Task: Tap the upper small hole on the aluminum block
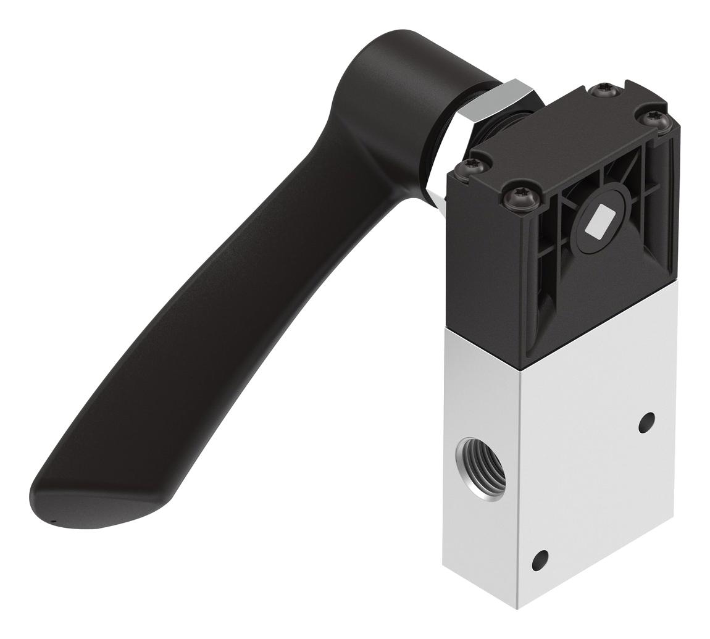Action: [646, 422]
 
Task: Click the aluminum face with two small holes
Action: [593, 482]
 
